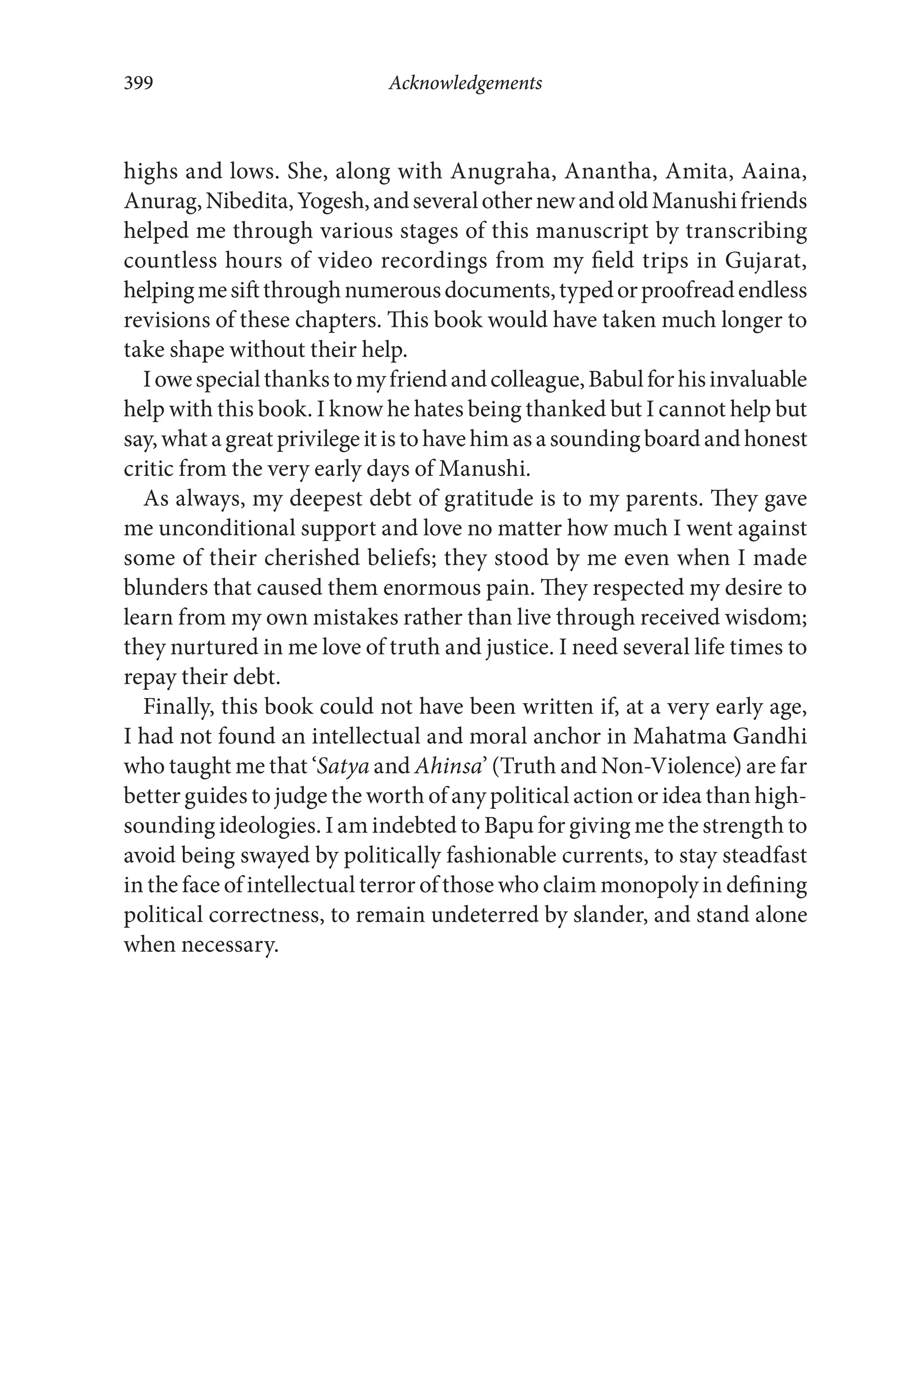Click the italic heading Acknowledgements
click(x=465, y=83)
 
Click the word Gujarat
click(x=765, y=261)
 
